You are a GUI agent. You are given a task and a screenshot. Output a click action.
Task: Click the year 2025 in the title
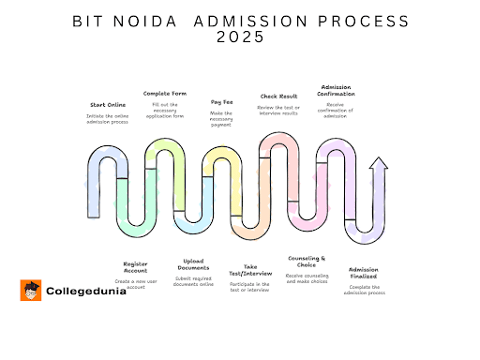(240, 37)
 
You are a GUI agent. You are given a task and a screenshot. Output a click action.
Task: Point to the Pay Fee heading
(222, 100)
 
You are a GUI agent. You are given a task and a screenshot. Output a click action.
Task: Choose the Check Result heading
(278, 96)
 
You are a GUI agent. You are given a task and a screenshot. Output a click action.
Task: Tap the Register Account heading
(135, 267)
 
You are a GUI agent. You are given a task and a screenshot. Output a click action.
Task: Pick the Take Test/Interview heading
(249, 269)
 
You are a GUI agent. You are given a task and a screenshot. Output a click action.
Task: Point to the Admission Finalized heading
(363, 273)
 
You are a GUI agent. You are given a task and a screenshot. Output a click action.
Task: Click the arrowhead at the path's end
(379, 165)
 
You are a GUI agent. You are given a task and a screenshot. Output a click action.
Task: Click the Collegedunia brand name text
(83, 292)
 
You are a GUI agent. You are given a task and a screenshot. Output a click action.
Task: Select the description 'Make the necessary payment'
(222, 117)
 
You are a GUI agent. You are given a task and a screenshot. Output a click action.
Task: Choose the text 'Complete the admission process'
(363, 290)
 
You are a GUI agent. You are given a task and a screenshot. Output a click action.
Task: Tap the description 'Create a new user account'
(135, 283)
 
